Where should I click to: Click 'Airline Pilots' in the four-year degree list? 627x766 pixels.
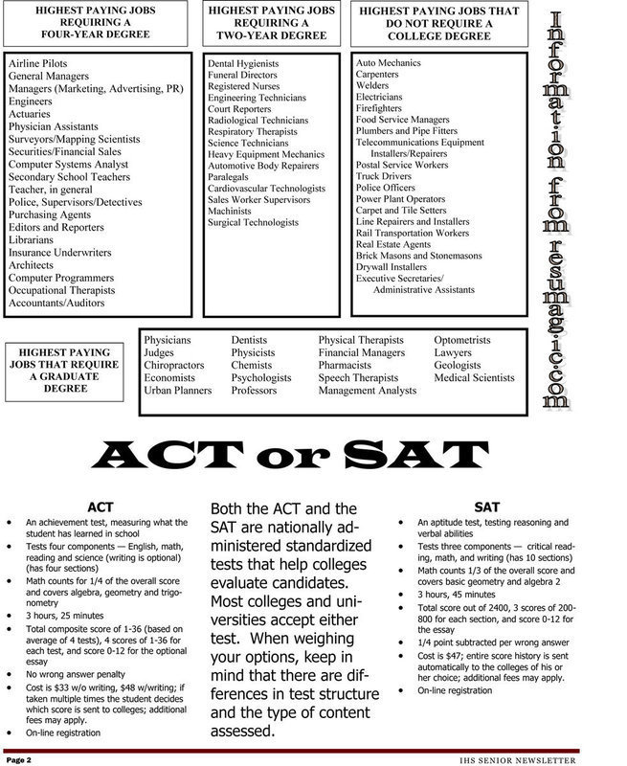pyautogui.click(x=37, y=62)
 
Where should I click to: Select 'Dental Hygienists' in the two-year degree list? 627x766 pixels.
pyautogui.click(x=244, y=62)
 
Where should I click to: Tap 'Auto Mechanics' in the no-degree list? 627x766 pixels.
pyautogui.click(x=388, y=62)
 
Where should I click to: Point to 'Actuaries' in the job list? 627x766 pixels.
pyautogui.click(x=32, y=113)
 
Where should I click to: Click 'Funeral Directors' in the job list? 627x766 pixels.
pyautogui.click(x=244, y=75)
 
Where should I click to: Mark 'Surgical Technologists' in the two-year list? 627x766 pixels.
pyautogui.click(x=253, y=223)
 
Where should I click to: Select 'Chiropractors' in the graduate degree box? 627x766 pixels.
pyautogui.click(x=175, y=365)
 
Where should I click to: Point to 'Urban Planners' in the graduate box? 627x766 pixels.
pyautogui.click(x=179, y=390)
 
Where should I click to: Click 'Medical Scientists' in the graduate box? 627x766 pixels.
pyautogui.click(x=474, y=377)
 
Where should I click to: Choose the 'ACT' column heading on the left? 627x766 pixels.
pyautogui.click(x=101, y=504)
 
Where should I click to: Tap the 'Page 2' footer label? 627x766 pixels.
pyautogui.click(x=21, y=758)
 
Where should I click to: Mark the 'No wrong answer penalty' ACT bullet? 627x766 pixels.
pyautogui.click(x=82, y=673)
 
